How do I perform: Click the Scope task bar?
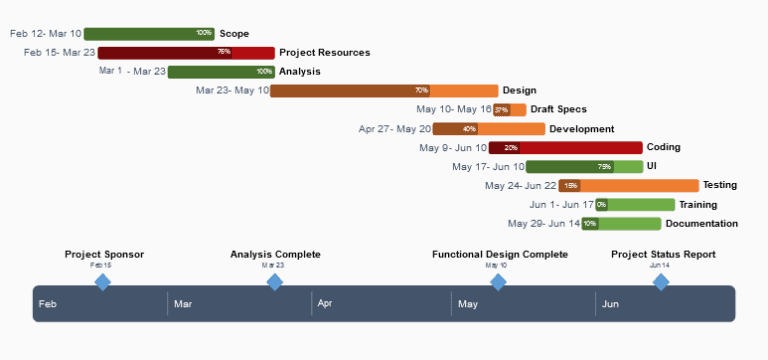149,34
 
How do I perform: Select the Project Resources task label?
324,53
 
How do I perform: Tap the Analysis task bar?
221,72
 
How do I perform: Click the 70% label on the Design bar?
421,91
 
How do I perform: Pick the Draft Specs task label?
558,110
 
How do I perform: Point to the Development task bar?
488,129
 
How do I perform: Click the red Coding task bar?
565,148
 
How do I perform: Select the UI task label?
651,166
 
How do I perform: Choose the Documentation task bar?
621,224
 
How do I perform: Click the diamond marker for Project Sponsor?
102,283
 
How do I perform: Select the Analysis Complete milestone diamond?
275,283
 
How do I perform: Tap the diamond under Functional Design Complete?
498,283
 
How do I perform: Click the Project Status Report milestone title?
663,255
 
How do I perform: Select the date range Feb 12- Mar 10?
46,34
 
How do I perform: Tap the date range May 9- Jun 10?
453,148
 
